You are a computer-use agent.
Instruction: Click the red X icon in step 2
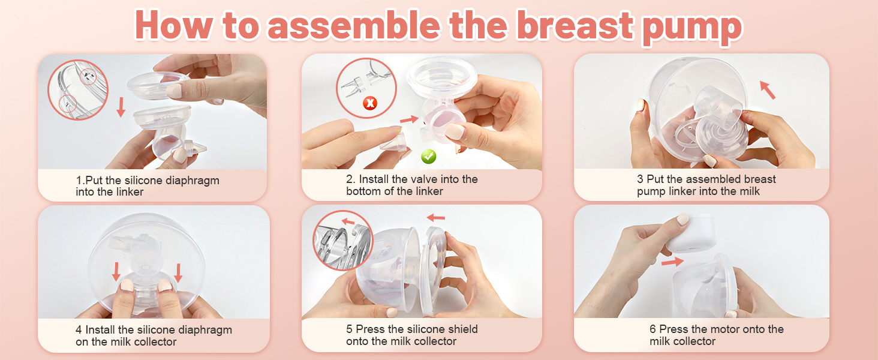click(370, 103)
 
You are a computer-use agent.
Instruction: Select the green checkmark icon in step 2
click(428, 157)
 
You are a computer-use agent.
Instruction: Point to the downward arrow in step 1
click(121, 107)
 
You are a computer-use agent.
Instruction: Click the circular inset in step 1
click(77, 89)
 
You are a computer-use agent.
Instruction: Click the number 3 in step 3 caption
click(640, 179)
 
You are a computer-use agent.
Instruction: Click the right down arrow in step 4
click(178, 272)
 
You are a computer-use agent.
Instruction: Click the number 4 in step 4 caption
click(79, 329)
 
